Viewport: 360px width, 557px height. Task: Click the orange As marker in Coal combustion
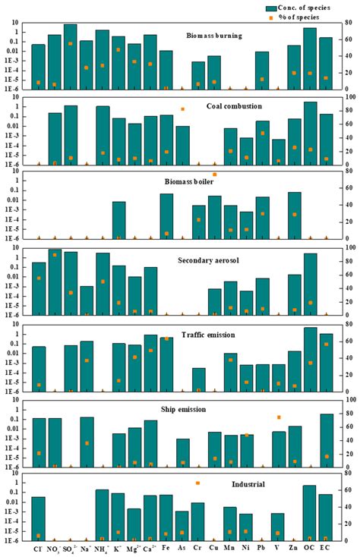pos(182,109)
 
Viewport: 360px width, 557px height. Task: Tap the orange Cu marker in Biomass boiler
pos(214,175)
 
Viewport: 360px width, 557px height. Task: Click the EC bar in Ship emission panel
pos(326,440)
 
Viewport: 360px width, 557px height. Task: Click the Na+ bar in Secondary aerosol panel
pos(87,300)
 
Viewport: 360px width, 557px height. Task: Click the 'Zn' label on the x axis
pos(294,547)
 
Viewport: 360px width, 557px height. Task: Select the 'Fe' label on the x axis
pos(166,547)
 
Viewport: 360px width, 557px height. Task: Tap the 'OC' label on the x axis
pos(310,547)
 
